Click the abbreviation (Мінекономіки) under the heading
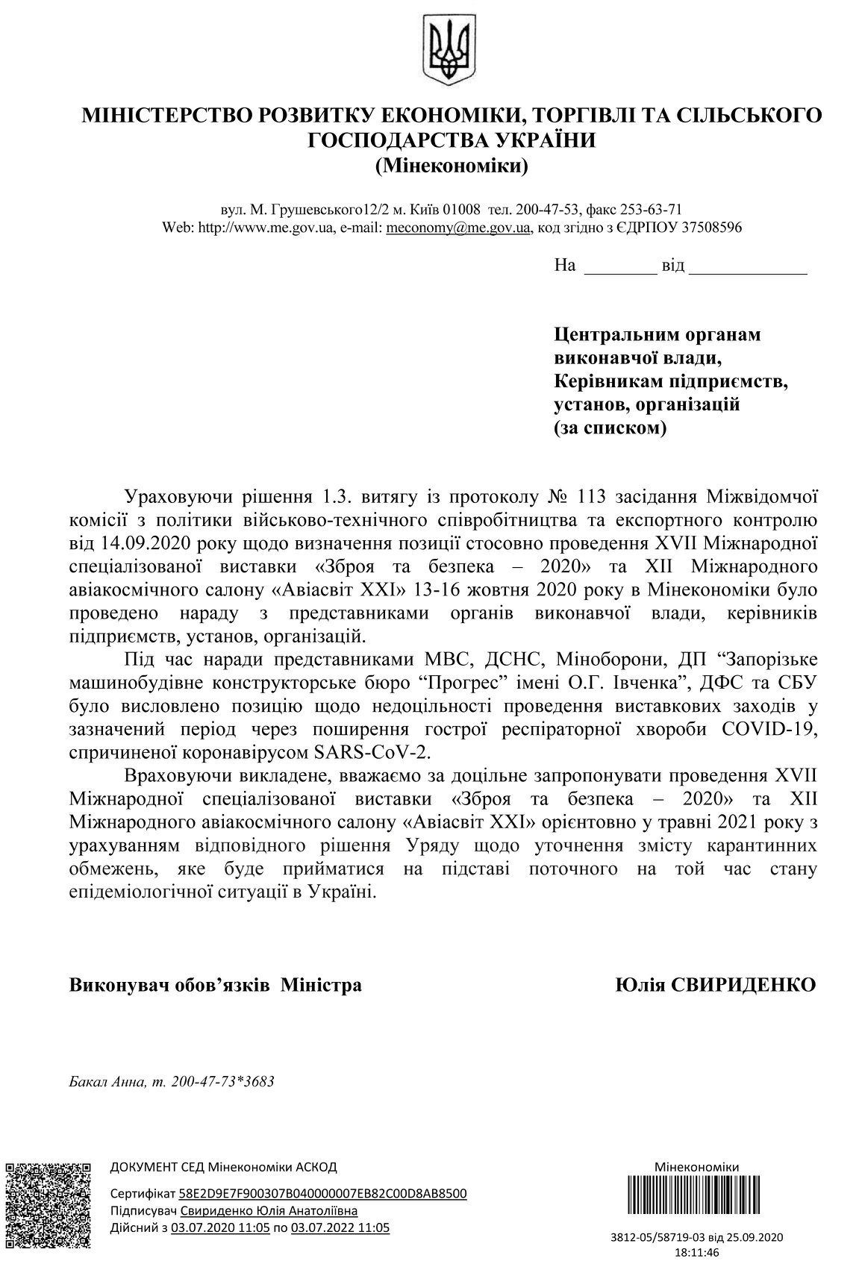452,164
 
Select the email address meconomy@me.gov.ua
457,227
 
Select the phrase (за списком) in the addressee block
610,428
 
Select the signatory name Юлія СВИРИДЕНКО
715,984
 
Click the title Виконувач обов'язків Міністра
215,985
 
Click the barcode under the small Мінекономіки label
696,1201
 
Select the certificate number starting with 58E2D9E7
323,1193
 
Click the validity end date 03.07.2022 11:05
340,1227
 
